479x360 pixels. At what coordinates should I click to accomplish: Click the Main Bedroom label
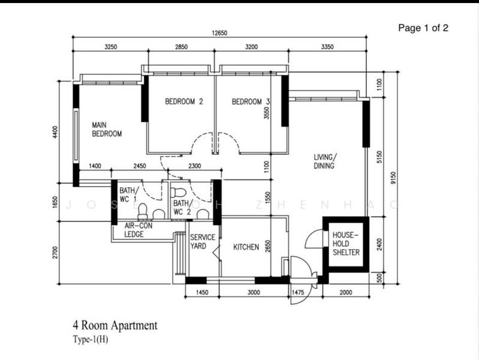(x=106, y=129)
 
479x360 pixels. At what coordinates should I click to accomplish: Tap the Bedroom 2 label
(x=184, y=102)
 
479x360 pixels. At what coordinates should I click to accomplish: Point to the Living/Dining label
(x=324, y=161)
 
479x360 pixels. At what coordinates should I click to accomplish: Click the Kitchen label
(x=246, y=247)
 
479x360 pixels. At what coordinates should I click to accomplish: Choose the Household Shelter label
(x=346, y=243)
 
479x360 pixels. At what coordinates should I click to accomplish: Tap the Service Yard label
(x=203, y=242)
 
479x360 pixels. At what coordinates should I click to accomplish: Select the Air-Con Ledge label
(x=138, y=230)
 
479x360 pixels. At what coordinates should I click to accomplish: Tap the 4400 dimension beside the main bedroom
(x=55, y=132)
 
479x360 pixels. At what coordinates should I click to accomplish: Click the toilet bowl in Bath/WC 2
(x=179, y=193)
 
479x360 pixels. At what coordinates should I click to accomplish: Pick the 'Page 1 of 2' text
(x=423, y=28)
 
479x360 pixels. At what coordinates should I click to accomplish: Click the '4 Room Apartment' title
(x=115, y=325)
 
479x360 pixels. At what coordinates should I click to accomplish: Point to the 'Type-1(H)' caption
(x=90, y=339)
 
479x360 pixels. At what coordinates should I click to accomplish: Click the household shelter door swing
(x=313, y=239)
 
